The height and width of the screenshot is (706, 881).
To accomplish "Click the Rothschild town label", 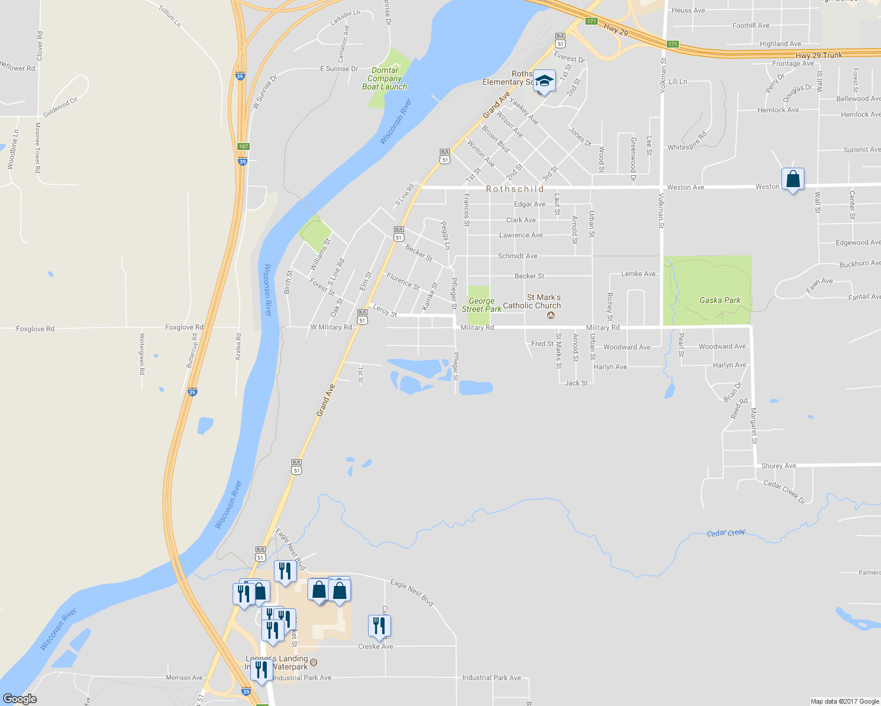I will (x=515, y=189).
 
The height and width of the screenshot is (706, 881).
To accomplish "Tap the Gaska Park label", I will (x=720, y=300).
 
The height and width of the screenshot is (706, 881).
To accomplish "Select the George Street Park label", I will (x=482, y=305).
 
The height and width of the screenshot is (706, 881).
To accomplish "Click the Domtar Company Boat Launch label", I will (x=385, y=78).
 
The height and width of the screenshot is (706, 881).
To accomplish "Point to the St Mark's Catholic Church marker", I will (x=551, y=315).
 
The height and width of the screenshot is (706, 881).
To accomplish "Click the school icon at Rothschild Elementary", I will (x=545, y=82).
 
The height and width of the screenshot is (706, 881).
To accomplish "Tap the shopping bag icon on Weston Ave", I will (x=793, y=179).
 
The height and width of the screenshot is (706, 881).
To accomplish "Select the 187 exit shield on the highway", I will (x=243, y=146).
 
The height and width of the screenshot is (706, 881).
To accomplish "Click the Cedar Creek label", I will (x=726, y=533).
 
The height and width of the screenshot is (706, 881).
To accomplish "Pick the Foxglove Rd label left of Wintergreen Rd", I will (x=35, y=329).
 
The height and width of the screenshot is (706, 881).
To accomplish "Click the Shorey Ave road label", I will (x=779, y=466).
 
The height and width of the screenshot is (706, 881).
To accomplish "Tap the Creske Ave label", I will (x=376, y=647).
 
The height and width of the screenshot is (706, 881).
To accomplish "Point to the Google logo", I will (x=20, y=699).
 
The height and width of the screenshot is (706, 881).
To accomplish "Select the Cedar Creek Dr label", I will (x=784, y=492).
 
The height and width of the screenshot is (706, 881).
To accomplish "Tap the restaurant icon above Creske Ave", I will (x=379, y=626).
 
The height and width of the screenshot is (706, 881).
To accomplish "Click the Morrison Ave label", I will (x=184, y=678).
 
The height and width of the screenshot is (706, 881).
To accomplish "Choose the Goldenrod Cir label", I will (x=60, y=107).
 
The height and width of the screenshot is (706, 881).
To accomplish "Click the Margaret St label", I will (x=754, y=425).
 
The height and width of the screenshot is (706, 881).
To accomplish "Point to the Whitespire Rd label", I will (x=687, y=144).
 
